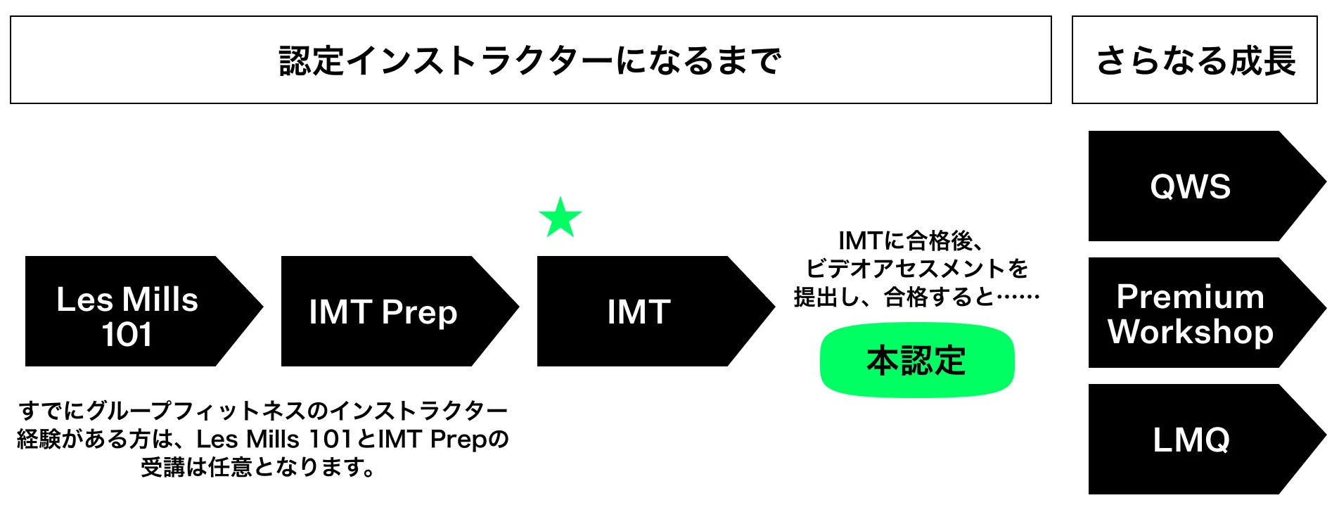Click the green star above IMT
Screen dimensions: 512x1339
click(560, 218)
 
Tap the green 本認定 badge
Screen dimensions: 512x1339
click(916, 360)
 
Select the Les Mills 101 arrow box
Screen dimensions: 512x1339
click(134, 312)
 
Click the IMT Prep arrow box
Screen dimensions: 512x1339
click(390, 312)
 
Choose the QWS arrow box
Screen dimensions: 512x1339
click(1196, 186)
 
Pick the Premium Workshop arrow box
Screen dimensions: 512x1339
click(1196, 313)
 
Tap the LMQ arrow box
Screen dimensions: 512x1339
click(1196, 440)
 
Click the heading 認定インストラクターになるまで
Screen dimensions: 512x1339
click(530, 60)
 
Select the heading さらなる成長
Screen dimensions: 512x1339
click(1195, 60)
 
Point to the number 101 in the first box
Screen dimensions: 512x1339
click(127, 334)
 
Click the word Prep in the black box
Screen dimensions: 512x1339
click(420, 313)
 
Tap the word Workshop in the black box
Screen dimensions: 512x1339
click(1191, 331)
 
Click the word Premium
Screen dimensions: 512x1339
click(1191, 296)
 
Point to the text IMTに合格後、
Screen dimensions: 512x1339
click(910, 241)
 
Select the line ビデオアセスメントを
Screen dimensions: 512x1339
click(916, 269)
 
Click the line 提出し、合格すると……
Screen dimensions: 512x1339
click(916, 297)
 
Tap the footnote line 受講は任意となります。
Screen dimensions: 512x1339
click(258, 467)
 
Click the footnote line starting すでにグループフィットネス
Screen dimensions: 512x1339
click(262, 410)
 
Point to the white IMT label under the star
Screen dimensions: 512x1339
click(639, 312)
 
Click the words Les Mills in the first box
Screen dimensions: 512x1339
click(127, 299)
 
